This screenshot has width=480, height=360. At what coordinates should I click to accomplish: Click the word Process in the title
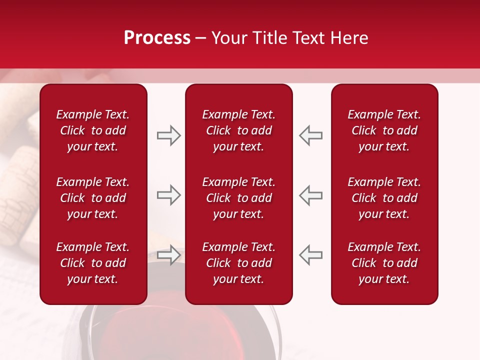157,38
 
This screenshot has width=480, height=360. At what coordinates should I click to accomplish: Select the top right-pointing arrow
169,135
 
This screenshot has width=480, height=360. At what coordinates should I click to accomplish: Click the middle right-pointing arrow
169,195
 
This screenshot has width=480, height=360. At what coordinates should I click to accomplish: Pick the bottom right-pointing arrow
169,254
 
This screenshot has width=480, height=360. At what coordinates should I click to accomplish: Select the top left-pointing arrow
310,135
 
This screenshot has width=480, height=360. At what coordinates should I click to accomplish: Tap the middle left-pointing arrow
310,195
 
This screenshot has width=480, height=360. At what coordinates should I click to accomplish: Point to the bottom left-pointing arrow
310,254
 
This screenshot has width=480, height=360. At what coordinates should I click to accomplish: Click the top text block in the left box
93,130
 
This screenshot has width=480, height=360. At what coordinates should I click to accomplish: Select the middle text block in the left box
93,198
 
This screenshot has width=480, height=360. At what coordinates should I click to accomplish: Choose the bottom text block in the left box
93,263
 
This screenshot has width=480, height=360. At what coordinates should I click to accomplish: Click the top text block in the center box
239,130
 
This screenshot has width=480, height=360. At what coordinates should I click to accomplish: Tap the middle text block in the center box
239,198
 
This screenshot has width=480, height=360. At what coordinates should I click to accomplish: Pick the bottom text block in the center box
239,263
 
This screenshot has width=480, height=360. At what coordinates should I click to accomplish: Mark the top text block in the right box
384,130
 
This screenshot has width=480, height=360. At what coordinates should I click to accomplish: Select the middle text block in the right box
384,198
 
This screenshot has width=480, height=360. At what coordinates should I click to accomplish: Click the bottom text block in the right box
384,263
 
